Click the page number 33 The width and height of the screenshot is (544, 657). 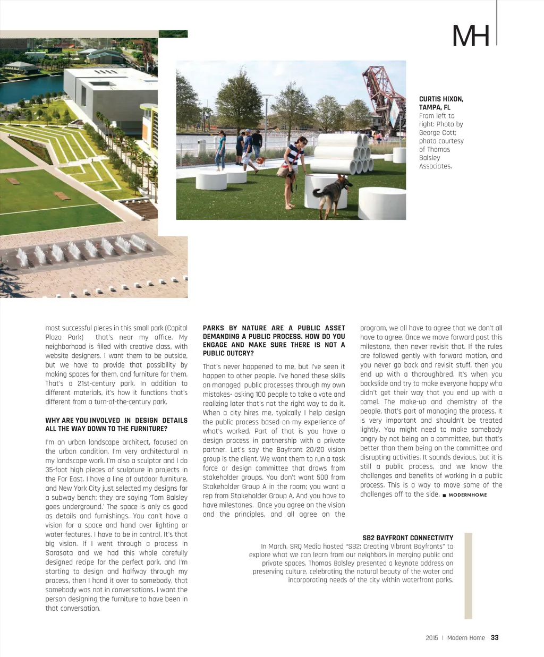pyautogui.click(x=495, y=638)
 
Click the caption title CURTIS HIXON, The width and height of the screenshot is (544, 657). pyautogui.click(x=441, y=99)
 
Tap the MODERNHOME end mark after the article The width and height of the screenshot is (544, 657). pyautogui.click(x=467, y=495)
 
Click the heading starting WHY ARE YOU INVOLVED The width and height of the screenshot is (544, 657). pyautogui.click(x=116, y=424)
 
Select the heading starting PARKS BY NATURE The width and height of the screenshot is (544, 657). pyautogui.click(x=274, y=340)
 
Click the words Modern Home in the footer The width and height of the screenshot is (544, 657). pyautogui.click(x=466, y=638)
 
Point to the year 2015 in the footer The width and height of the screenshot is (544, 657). pyautogui.click(x=432, y=638)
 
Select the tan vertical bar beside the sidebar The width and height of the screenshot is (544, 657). pyautogui.click(x=468, y=576)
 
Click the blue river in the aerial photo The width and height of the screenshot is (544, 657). pyautogui.click(x=32, y=84)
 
